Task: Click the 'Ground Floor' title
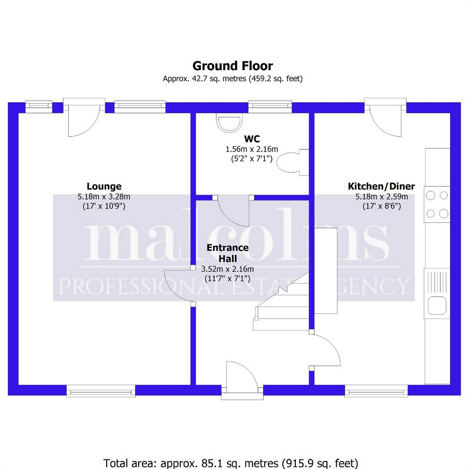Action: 233,66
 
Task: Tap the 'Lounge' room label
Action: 104,187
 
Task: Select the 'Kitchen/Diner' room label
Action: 381,187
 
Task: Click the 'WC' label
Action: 252,139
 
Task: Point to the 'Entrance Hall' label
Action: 228,253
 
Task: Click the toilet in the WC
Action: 293,162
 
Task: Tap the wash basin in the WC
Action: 229,123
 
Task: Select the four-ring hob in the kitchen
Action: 437,204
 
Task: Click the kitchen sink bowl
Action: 437,305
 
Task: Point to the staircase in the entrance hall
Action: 281,302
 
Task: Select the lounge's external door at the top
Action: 84,118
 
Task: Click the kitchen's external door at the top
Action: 385,118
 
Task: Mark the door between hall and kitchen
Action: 325,350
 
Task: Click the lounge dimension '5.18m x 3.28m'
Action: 104,197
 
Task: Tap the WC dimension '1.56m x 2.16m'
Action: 252,149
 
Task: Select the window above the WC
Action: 270,107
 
